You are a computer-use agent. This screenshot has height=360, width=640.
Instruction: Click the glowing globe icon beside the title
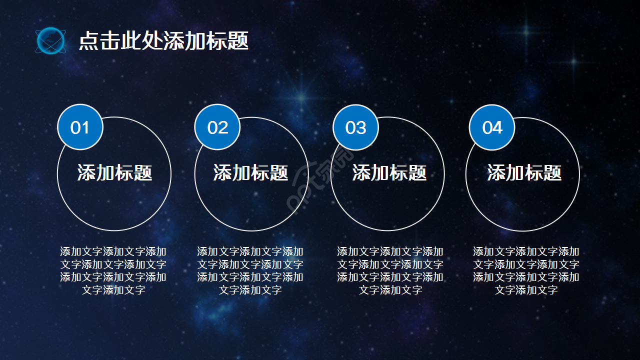click(50, 41)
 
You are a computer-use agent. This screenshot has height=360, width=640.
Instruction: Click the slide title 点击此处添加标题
click(163, 41)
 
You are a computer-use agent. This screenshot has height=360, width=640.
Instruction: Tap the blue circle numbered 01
click(80, 127)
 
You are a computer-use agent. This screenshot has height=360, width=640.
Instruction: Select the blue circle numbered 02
click(217, 127)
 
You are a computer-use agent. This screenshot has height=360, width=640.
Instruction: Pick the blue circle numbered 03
click(355, 127)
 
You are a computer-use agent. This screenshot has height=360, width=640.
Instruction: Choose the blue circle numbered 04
click(492, 127)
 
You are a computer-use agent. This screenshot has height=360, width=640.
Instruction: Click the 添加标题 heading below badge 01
click(114, 173)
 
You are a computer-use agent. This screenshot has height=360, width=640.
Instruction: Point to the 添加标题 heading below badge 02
click(251, 173)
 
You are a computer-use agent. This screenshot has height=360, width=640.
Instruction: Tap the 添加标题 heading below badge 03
click(389, 173)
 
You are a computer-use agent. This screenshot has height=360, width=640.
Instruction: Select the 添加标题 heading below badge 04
click(524, 173)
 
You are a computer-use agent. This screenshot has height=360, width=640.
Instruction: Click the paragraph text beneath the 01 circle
click(113, 270)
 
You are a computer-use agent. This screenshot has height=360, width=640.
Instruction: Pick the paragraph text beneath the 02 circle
click(250, 270)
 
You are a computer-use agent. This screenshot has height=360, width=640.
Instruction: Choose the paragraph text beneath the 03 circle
click(390, 270)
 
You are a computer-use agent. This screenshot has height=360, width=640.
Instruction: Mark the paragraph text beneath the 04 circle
click(526, 270)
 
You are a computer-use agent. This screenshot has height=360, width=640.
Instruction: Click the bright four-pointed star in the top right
click(526, 32)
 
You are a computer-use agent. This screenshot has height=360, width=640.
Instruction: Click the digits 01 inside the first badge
click(80, 128)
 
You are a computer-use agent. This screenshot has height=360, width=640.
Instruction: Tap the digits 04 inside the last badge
click(492, 128)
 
